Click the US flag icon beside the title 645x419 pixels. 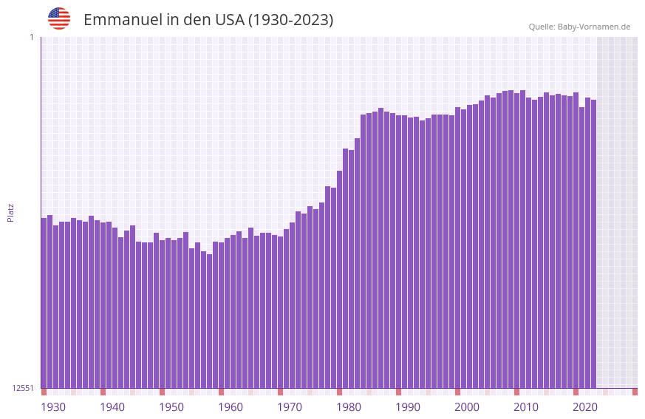tap(59, 18)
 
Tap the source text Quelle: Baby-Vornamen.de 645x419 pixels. tap(579, 27)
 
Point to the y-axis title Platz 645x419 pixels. tap(10, 213)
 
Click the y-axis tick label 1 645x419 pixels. tap(31, 37)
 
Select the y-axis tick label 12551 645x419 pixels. tap(23, 388)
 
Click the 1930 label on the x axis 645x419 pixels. tap(53, 407)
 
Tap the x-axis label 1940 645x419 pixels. tap(112, 407)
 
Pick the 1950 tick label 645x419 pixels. tap(171, 407)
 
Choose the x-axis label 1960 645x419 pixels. tap(231, 407)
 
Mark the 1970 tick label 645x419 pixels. tap(290, 407)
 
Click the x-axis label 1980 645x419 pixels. tap(349, 407)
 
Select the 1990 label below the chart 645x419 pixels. tap(408, 407)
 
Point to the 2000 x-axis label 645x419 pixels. tap(467, 407)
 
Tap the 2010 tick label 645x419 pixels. tap(526, 407)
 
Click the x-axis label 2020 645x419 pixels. tap(585, 407)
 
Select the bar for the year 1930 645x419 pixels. tap(44, 303)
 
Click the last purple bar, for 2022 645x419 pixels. tap(593, 244)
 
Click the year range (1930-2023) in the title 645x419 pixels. tap(290, 20)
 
